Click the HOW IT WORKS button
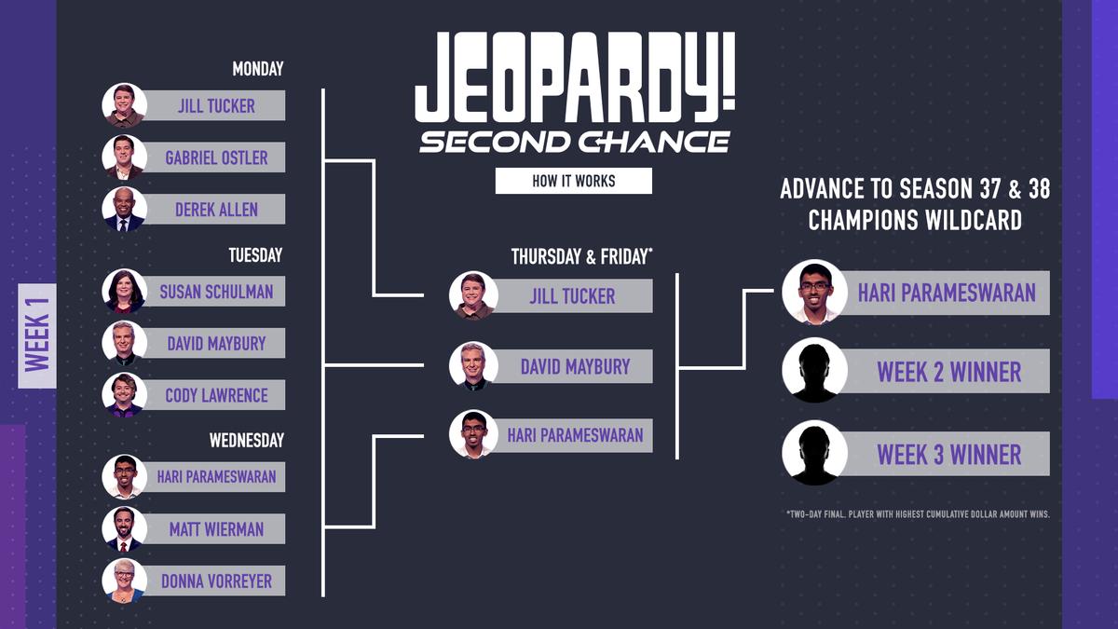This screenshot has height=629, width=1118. coord(573,181)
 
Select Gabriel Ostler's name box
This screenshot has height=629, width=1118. coord(216,157)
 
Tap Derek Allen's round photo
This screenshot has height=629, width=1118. coord(124,210)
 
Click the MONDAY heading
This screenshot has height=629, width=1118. coord(257,69)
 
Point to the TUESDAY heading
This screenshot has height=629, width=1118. coord(255,254)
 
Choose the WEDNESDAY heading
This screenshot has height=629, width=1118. coord(246,440)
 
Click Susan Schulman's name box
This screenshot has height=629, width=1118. coord(216,292)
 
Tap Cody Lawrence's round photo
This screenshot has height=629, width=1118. coord(124,395)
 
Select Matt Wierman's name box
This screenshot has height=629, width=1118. coord(216,529)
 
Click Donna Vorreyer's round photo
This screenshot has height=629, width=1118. coord(124,581)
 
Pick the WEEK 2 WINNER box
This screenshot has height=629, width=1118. coord(948,372)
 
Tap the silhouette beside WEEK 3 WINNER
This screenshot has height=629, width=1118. coord(814,453)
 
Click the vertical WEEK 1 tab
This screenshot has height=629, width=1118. coord(37,335)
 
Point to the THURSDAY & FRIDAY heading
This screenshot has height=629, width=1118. coord(579,257)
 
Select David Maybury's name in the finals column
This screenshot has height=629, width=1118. coord(575,367)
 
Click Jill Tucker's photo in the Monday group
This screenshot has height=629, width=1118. coord(124,105)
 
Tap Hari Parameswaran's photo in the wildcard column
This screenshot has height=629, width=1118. coord(814,292)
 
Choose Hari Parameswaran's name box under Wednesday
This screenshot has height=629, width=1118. coord(216,477)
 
